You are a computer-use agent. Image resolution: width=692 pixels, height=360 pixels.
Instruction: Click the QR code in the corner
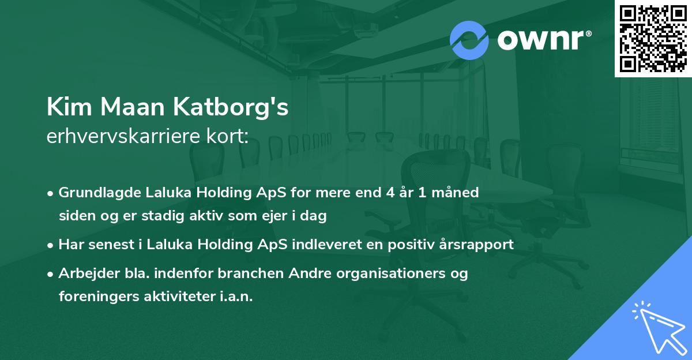coord(653,38)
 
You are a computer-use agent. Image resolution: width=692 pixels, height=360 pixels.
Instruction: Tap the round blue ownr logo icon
coord(469,40)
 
